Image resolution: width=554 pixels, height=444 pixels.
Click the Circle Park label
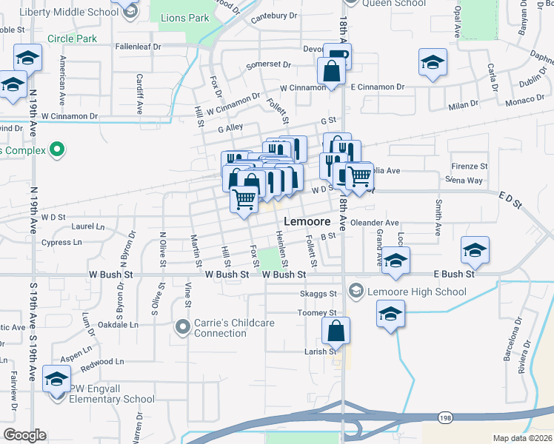pos(72,38)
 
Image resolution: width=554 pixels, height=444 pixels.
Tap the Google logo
pos(24,435)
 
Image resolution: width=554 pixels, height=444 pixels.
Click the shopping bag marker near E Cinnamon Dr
pos(330,71)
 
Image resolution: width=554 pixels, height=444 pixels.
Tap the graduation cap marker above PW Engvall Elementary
pos(56,378)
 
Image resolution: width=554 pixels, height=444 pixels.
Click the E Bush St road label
pos(453,274)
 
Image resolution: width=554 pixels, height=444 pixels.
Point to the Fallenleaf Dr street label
pos(138,46)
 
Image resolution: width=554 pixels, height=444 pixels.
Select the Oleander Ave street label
pos(375,223)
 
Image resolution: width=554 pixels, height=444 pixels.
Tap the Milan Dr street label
pos(464,105)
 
